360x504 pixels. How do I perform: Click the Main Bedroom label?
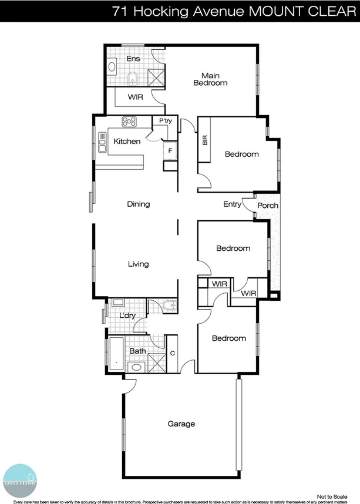pyautogui.click(x=210, y=79)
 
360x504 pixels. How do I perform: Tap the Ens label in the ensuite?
pyautogui.click(x=133, y=58)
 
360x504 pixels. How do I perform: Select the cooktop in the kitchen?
pyautogui.click(x=129, y=122)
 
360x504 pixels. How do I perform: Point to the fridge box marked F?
pyautogui.click(x=170, y=150)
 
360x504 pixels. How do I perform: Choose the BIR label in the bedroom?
pyautogui.click(x=205, y=140)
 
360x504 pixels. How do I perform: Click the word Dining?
pyautogui.click(x=139, y=204)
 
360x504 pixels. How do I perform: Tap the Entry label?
pyautogui.click(x=232, y=204)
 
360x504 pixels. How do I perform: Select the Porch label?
pyautogui.click(x=268, y=206)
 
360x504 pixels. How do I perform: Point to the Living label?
pyautogui.click(x=139, y=264)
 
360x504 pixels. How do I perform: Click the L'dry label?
pyautogui.click(x=127, y=316)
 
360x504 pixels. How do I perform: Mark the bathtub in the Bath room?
pyautogui.click(x=116, y=355)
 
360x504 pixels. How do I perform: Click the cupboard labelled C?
pyautogui.click(x=172, y=353)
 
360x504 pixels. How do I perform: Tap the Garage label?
pyautogui.click(x=181, y=424)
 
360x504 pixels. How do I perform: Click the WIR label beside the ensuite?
pyautogui.click(x=136, y=96)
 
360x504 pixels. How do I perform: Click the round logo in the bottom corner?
pyautogui.click(x=20, y=476)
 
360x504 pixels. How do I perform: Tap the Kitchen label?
pyautogui.click(x=127, y=141)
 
